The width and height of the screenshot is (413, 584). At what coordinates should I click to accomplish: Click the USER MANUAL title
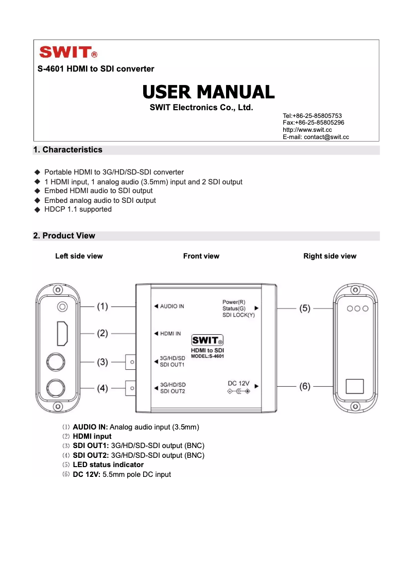(x=208, y=92)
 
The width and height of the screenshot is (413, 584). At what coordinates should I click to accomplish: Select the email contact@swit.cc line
(x=316, y=137)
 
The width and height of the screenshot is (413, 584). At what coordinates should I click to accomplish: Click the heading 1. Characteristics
(x=67, y=150)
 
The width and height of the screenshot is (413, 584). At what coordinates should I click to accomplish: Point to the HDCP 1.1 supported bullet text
(x=78, y=210)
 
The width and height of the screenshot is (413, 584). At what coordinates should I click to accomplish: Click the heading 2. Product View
(x=64, y=236)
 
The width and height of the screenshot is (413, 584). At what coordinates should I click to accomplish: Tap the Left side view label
(x=79, y=256)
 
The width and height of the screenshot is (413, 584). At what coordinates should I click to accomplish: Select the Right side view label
(x=330, y=256)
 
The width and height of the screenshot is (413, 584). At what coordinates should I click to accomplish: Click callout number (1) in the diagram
(x=102, y=306)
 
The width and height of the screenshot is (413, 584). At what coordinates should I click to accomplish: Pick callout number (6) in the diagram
(x=305, y=386)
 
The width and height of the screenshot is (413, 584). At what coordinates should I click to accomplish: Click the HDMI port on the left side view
(x=62, y=333)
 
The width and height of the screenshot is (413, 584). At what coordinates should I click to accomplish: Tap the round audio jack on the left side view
(x=62, y=307)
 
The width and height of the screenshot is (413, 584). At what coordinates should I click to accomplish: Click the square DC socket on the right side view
(x=354, y=386)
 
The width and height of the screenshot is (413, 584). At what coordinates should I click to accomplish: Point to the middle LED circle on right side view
(x=357, y=308)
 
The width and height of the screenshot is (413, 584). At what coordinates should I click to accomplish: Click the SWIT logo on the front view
(x=207, y=341)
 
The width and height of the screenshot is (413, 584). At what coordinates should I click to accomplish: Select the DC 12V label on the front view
(x=238, y=384)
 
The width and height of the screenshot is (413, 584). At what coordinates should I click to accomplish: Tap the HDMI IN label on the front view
(x=170, y=334)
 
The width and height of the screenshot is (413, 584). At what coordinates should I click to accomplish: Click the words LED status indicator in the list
(x=108, y=465)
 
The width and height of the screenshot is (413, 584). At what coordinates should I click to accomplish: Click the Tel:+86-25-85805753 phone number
(x=312, y=116)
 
